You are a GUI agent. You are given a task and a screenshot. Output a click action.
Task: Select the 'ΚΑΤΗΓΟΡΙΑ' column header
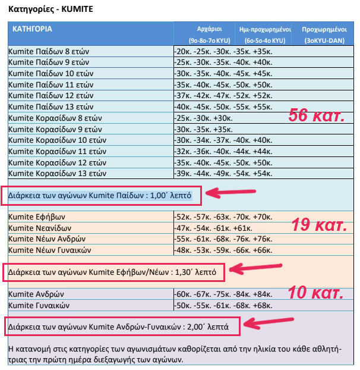tap(32, 29)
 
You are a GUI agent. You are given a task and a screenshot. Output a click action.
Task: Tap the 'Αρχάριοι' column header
tap(209, 29)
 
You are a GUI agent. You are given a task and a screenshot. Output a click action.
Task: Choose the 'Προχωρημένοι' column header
tap(325, 29)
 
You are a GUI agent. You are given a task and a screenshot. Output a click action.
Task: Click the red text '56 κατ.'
tap(316, 115)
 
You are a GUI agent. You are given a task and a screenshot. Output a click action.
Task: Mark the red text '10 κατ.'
tap(315, 292)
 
